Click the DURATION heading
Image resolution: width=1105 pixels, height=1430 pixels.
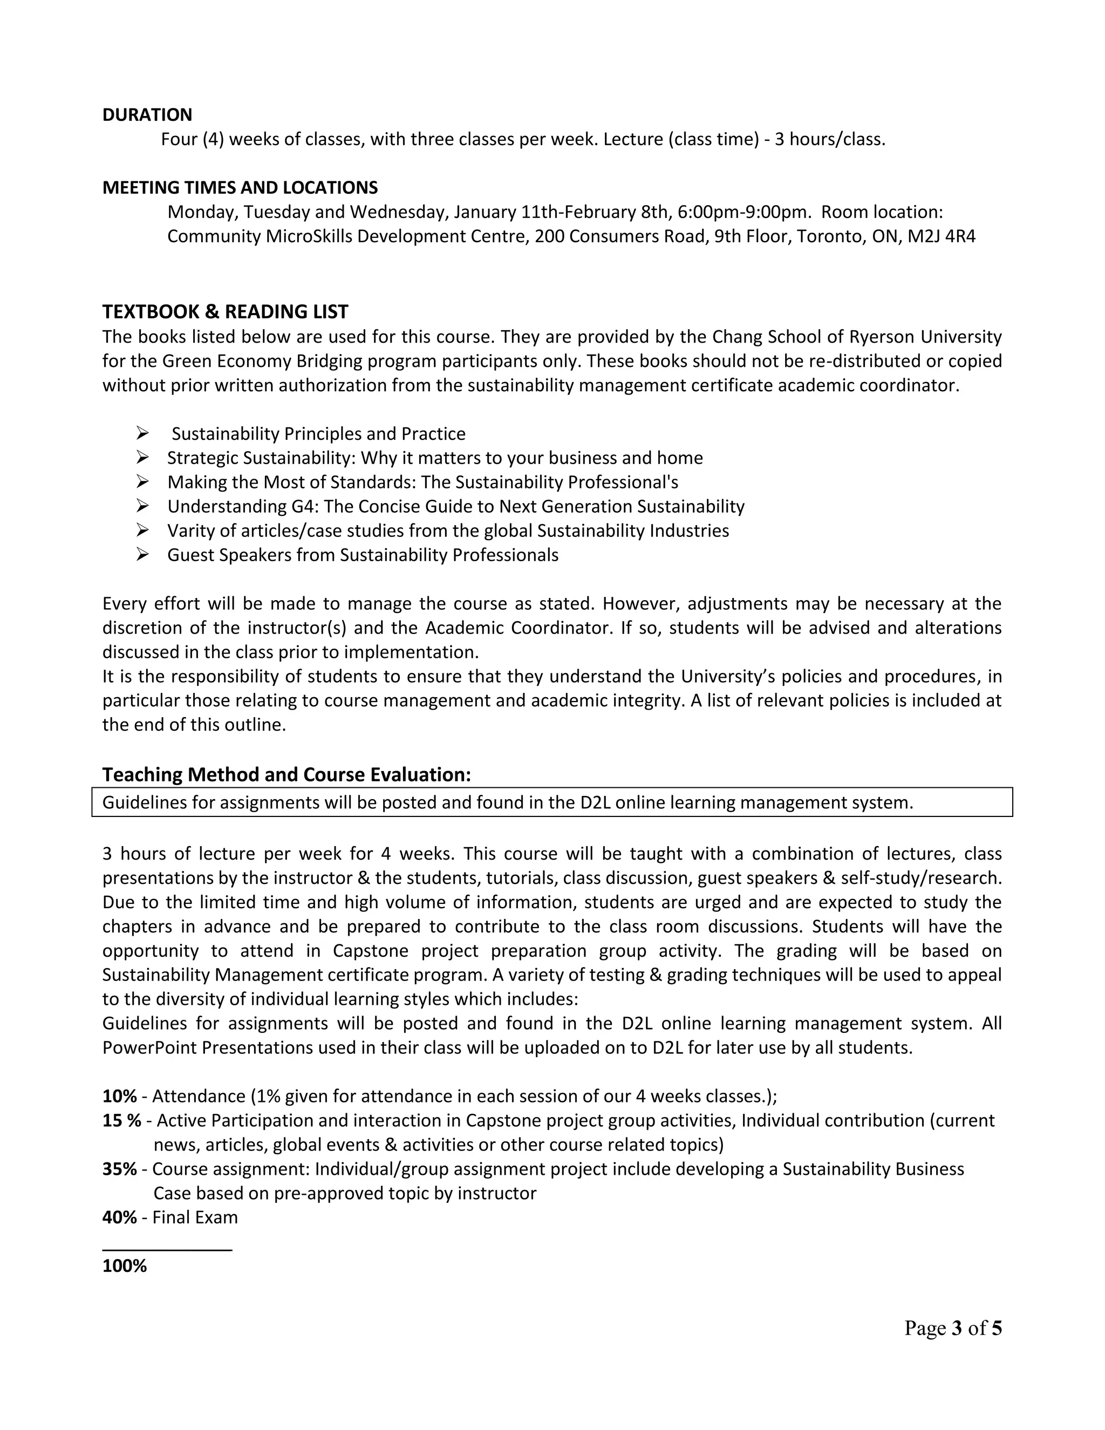pos(147,115)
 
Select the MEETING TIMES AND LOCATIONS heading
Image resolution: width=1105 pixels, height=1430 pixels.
pos(240,188)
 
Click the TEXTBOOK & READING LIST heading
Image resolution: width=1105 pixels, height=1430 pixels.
pos(225,312)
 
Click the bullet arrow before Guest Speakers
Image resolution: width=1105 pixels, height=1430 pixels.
pos(142,555)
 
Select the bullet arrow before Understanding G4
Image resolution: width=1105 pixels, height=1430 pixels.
pos(142,507)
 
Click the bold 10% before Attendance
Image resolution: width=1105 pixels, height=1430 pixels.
pos(119,1096)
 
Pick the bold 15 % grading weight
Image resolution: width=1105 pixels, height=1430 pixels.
pos(122,1120)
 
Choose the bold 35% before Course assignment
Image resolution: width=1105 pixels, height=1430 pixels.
pos(119,1169)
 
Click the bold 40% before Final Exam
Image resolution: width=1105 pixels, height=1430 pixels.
pos(119,1217)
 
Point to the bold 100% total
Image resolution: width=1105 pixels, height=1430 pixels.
pos(125,1265)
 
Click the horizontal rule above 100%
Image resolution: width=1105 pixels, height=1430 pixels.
pos(167,1250)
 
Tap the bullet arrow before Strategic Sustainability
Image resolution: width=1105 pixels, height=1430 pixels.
pos(142,458)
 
